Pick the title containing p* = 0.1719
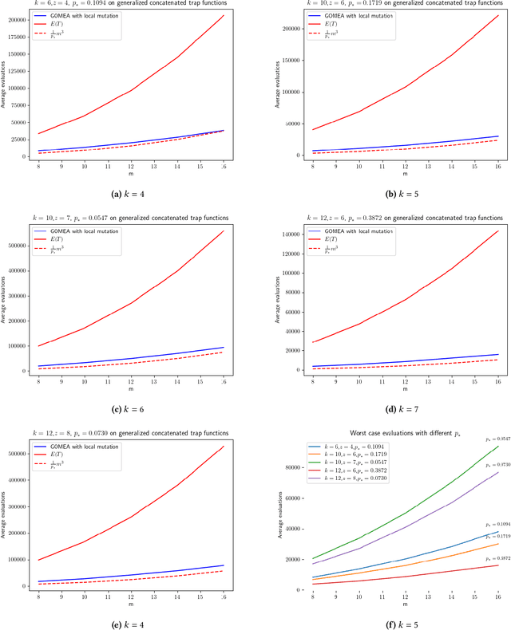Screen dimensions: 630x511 point(382,5)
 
